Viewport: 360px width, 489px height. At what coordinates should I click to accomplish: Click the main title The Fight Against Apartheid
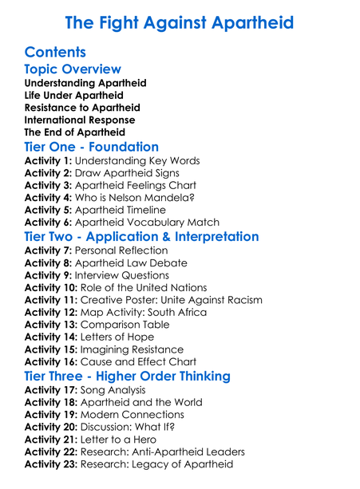[180, 22]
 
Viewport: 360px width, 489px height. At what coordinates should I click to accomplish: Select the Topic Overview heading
[73, 69]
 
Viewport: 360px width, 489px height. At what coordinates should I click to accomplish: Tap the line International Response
[80, 120]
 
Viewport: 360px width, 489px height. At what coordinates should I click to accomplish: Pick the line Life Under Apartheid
[73, 95]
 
